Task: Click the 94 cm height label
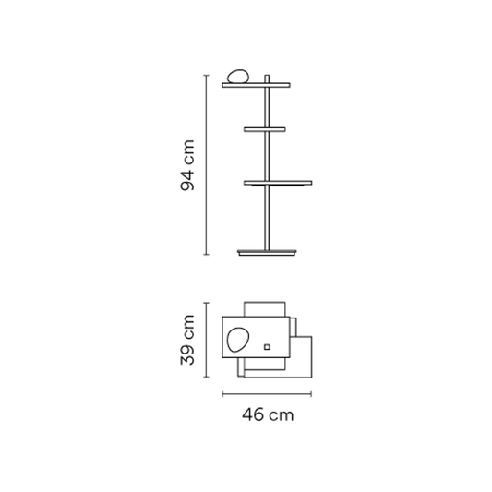(187, 165)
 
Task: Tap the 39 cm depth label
(187, 340)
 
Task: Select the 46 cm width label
(268, 414)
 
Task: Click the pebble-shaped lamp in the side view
(238, 77)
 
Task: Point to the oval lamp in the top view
(238, 340)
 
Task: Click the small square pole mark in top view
(267, 347)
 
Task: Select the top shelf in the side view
(256, 85)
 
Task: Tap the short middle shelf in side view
(265, 129)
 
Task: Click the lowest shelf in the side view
(278, 183)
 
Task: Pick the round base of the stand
(267, 252)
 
